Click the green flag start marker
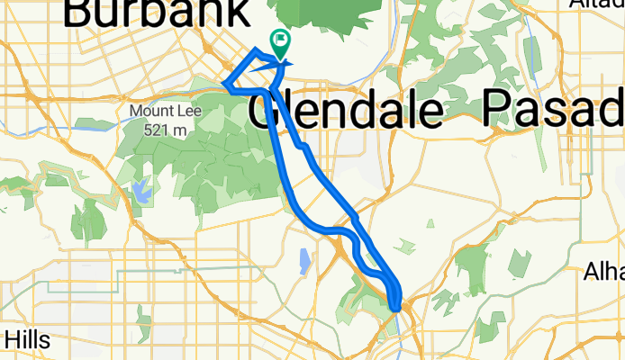279,41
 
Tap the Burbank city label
158,13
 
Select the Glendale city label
345,111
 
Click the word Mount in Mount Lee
148,112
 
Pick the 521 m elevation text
162,130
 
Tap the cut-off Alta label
597,4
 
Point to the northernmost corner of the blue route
258,48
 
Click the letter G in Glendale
262,111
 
